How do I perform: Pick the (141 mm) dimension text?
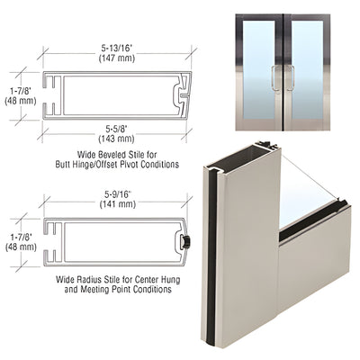[x=112, y=207]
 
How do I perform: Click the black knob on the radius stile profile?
[x=186, y=243]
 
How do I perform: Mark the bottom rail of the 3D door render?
[x=315, y=261]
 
